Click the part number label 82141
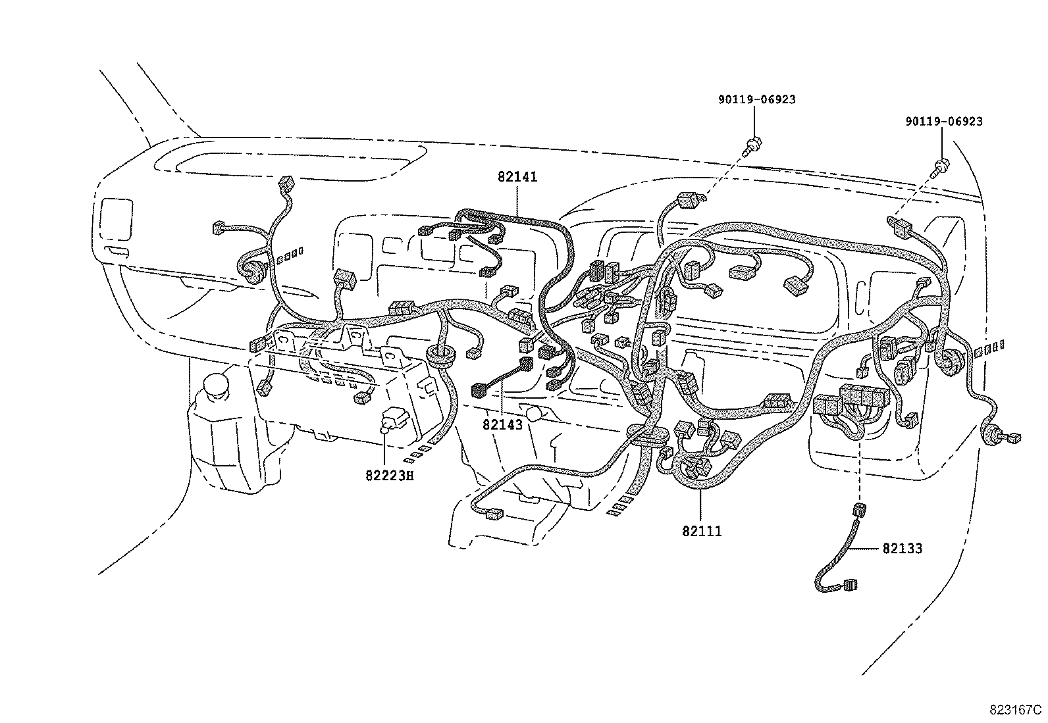pyautogui.click(x=517, y=177)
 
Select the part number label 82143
pyautogui.click(x=502, y=425)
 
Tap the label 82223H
pyautogui.click(x=389, y=475)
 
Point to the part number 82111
pyautogui.click(x=702, y=531)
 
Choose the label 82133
pyautogui.click(x=902, y=548)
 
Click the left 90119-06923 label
pyautogui.click(x=756, y=99)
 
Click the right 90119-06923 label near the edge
pyautogui.click(x=943, y=122)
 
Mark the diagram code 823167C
pyautogui.click(x=1014, y=710)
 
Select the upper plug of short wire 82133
pyautogui.click(x=859, y=510)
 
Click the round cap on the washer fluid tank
pyautogui.click(x=216, y=385)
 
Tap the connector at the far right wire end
pyautogui.click(x=1014, y=437)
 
